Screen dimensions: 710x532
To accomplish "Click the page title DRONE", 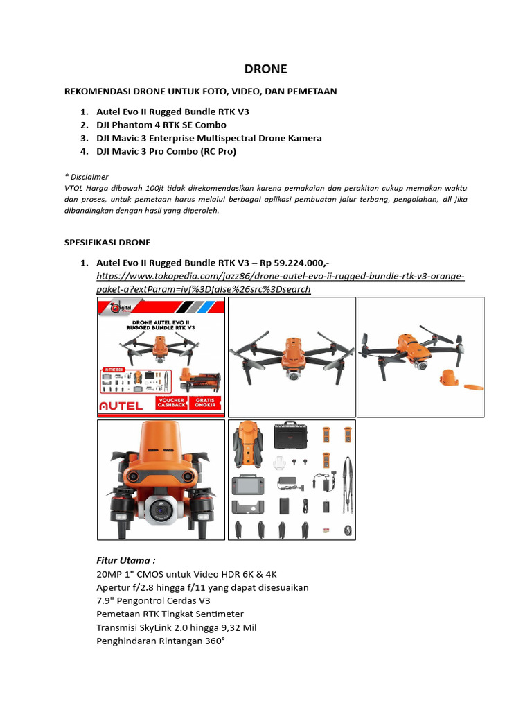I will [x=265, y=69].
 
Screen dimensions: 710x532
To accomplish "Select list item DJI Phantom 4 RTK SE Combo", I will [x=161, y=125].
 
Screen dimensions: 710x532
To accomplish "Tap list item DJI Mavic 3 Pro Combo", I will [x=166, y=151].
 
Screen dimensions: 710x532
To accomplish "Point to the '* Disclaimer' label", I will [x=86, y=177].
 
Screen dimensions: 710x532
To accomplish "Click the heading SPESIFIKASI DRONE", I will [x=107, y=242].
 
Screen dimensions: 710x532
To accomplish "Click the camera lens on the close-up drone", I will [x=161, y=512].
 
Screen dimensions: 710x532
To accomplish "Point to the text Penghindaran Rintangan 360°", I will [x=161, y=641].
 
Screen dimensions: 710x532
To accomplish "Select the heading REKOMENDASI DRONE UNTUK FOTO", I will [x=200, y=91].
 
